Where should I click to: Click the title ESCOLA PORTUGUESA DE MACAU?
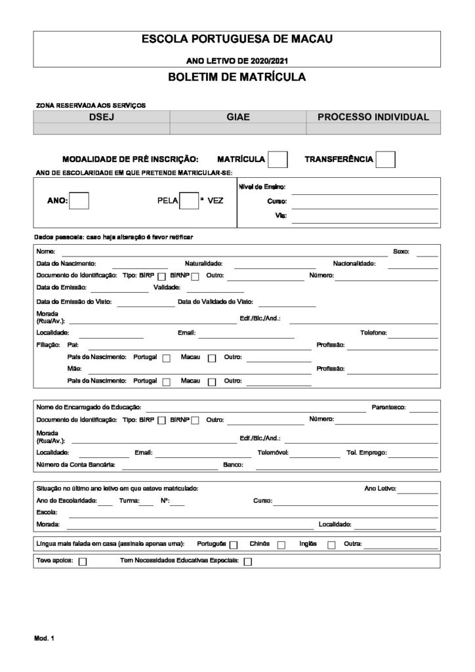(237, 39)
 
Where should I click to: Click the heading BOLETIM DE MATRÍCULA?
(237, 77)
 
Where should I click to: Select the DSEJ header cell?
(101, 117)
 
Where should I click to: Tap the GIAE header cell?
(237, 117)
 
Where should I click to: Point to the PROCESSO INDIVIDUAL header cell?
(373, 117)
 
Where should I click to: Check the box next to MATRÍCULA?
(278, 159)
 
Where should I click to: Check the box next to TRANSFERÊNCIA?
(386, 159)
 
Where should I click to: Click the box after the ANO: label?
(79, 201)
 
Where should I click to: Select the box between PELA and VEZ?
(189, 201)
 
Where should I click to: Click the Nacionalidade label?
(354, 263)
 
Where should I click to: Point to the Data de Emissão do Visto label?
(73, 302)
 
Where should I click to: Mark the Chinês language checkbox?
(281, 545)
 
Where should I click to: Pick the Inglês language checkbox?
(331, 545)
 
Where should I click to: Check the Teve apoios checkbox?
(83, 562)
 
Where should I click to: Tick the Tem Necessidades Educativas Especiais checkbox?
(247, 562)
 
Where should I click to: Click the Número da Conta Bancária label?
(75, 465)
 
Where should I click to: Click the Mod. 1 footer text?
(43, 638)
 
